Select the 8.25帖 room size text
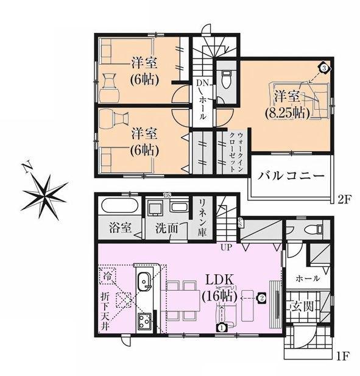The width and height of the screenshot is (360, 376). [x=286, y=112]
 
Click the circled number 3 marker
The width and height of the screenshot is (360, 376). [x=325, y=68]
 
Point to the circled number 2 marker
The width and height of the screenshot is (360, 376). [x=261, y=298]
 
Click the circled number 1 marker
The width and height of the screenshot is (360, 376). [x=221, y=327]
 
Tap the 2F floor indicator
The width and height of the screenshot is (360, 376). [x=345, y=199]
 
